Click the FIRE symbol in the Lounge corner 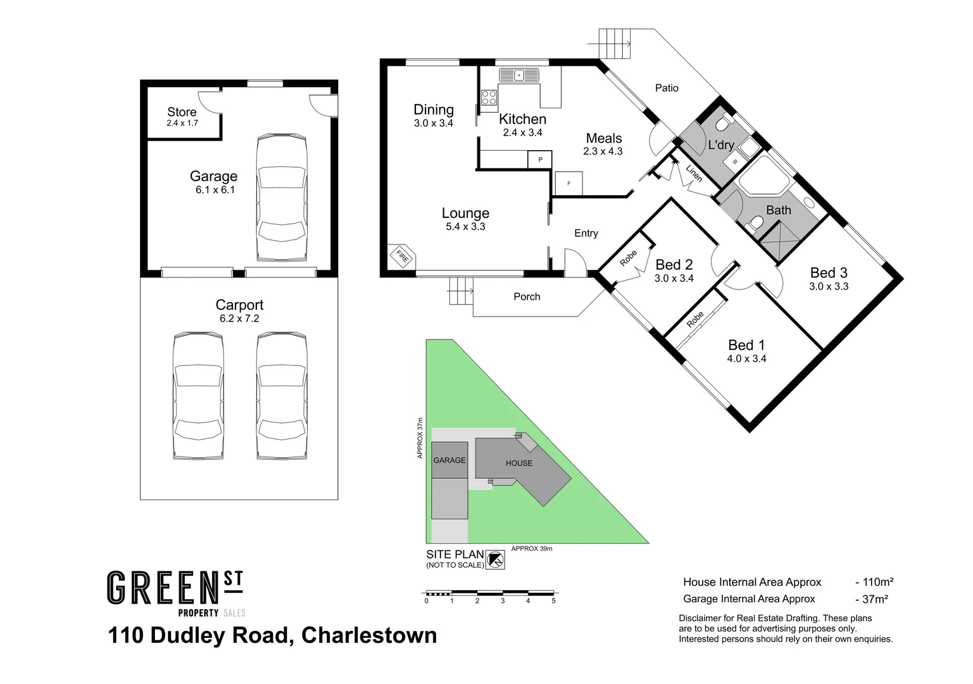click(x=401, y=257)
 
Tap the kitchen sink click(x=518, y=75)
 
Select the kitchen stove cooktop click(x=489, y=98)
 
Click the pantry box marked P click(x=540, y=160)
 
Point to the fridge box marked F click(x=568, y=183)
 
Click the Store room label click(x=182, y=112)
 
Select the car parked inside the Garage click(x=282, y=197)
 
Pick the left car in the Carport click(x=198, y=396)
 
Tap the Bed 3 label click(x=828, y=273)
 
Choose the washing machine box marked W click(x=734, y=161)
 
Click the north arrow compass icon click(x=495, y=560)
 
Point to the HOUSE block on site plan click(x=518, y=463)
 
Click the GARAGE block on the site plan click(x=449, y=460)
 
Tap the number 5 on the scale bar click(x=553, y=601)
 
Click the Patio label click(x=667, y=88)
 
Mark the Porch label click(x=527, y=296)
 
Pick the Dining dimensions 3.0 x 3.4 click(x=434, y=123)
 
